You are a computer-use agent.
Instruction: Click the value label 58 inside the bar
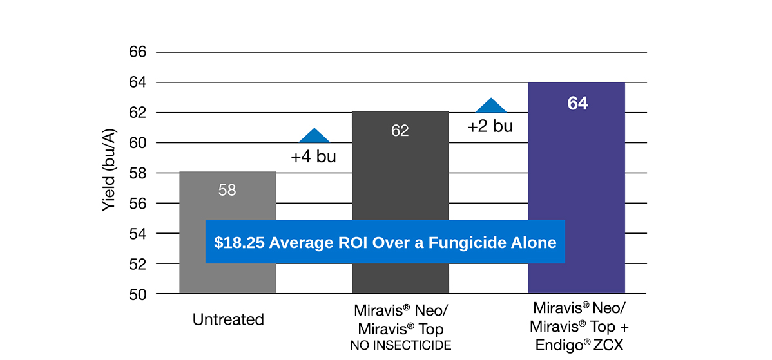227,190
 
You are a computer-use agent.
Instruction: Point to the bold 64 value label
577,103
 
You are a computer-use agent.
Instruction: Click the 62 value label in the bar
400,131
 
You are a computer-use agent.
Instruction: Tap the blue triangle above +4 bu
314,137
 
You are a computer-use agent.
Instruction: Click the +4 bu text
313,156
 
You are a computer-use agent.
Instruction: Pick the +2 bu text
490,126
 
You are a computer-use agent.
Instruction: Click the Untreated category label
228,319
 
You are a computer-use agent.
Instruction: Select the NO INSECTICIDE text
400,346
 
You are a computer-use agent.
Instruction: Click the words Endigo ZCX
579,345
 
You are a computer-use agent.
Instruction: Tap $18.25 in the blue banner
240,243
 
